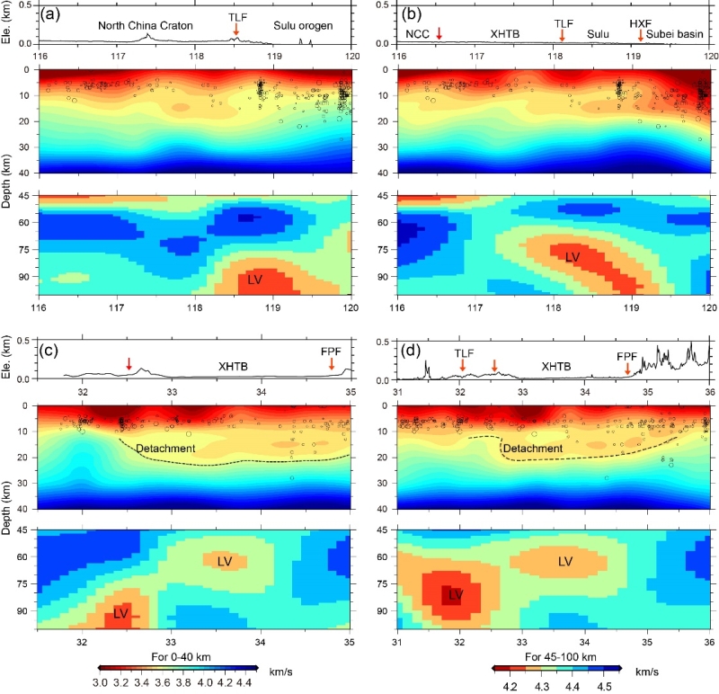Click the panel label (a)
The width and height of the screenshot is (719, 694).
[x=52, y=13]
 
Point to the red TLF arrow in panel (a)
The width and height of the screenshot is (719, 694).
[x=235, y=32]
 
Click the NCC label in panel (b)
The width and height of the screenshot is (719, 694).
[x=418, y=33]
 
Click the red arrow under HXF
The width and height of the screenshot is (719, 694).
[x=640, y=35]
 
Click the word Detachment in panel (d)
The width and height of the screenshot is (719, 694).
[x=533, y=448]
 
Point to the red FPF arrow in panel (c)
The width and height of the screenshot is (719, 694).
[x=332, y=363]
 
